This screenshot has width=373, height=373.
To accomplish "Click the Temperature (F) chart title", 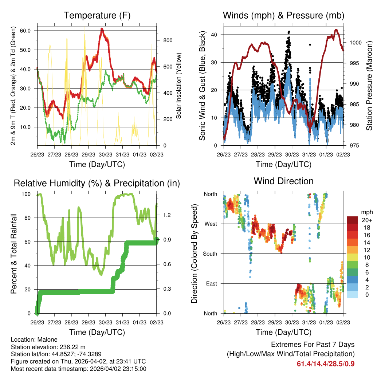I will coord(97,16).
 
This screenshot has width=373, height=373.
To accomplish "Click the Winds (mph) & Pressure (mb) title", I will coord(283,16).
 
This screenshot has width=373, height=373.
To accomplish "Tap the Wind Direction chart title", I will coord(283,181).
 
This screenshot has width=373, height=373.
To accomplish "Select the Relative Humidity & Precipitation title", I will coord(97,183).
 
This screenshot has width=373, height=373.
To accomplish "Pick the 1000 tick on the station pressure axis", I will coord(354,43).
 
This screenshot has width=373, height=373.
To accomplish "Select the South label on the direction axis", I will coord(210,254).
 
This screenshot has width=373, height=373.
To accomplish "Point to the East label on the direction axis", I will coord(211,283).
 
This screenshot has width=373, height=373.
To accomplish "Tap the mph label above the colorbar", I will coord(366,212).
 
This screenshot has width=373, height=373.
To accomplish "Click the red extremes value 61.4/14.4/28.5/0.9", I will coord(326,364).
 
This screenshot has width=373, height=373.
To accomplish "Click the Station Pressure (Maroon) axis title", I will coord(369,86).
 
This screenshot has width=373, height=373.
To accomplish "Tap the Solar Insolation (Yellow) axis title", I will coord(179,86).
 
